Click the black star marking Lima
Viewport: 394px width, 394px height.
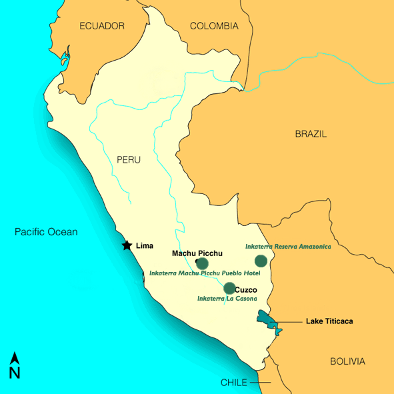pyautogui.click(x=127, y=245)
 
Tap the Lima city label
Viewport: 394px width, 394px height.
pyautogui.click(x=145, y=246)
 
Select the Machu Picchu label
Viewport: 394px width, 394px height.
pyautogui.click(x=197, y=253)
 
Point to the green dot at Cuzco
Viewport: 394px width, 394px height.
pyautogui.click(x=229, y=288)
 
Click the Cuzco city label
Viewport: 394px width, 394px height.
pyautogui.click(x=246, y=289)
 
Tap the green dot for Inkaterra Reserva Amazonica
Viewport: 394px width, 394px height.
pyautogui.click(x=261, y=261)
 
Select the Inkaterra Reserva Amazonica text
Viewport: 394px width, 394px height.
pyautogui.click(x=288, y=246)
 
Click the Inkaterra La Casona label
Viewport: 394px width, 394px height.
pyautogui.click(x=227, y=299)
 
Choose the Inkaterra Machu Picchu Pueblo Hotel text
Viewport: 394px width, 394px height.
pyautogui.click(x=204, y=273)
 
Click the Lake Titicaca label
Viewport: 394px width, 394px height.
pyautogui.click(x=329, y=321)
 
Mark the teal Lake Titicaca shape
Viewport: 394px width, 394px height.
pyautogui.click(x=268, y=321)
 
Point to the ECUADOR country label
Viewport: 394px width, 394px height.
pyautogui.click(x=102, y=26)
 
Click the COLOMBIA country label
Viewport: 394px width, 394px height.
pyautogui.click(x=214, y=26)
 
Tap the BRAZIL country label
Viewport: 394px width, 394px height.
pyautogui.click(x=311, y=134)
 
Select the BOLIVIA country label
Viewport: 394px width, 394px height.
pyautogui.click(x=348, y=361)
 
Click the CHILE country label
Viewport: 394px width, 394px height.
pyautogui.click(x=234, y=383)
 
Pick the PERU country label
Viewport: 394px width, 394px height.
pyautogui.click(x=129, y=160)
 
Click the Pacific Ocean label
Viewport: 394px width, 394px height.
pyautogui.click(x=47, y=232)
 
